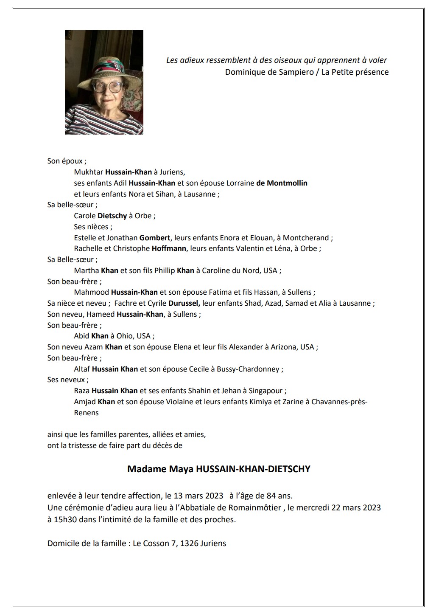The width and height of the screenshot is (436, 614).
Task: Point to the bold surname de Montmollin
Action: (x=282, y=183)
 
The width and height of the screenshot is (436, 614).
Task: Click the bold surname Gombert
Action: (x=155, y=238)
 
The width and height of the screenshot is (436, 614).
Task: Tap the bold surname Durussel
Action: (x=184, y=303)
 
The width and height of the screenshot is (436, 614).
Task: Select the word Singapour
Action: (x=268, y=391)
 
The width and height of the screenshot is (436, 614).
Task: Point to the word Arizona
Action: (x=283, y=347)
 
